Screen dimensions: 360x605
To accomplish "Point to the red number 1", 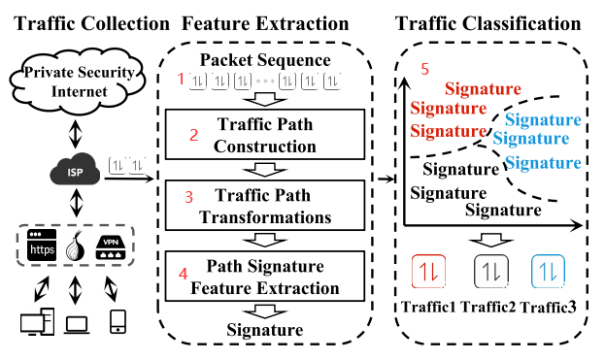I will coord(179,77).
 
